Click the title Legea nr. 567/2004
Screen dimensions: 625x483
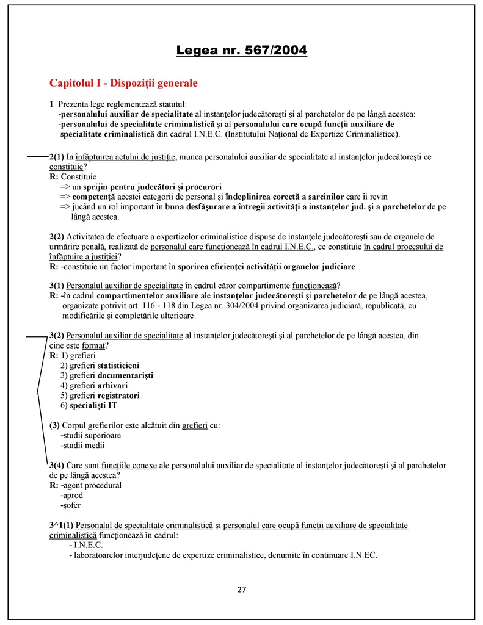coord(241,49)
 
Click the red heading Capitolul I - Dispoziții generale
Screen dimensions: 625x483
coord(123,82)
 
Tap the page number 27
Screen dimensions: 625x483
coord(241,589)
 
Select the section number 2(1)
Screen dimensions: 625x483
coord(57,157)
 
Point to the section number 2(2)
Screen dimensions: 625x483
coord(57,237)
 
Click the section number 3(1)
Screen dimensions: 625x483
coord(57,286)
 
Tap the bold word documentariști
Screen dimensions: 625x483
coord(125,375)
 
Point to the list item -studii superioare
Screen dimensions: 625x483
coord(91,435)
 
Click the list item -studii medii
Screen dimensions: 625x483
coord(82,445)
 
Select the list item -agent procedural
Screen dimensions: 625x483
coord(91,485)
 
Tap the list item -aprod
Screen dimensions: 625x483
coord(72,495)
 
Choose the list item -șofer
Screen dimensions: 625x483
coord(71,505)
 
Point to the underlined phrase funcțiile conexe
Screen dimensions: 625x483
coord(129,465)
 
